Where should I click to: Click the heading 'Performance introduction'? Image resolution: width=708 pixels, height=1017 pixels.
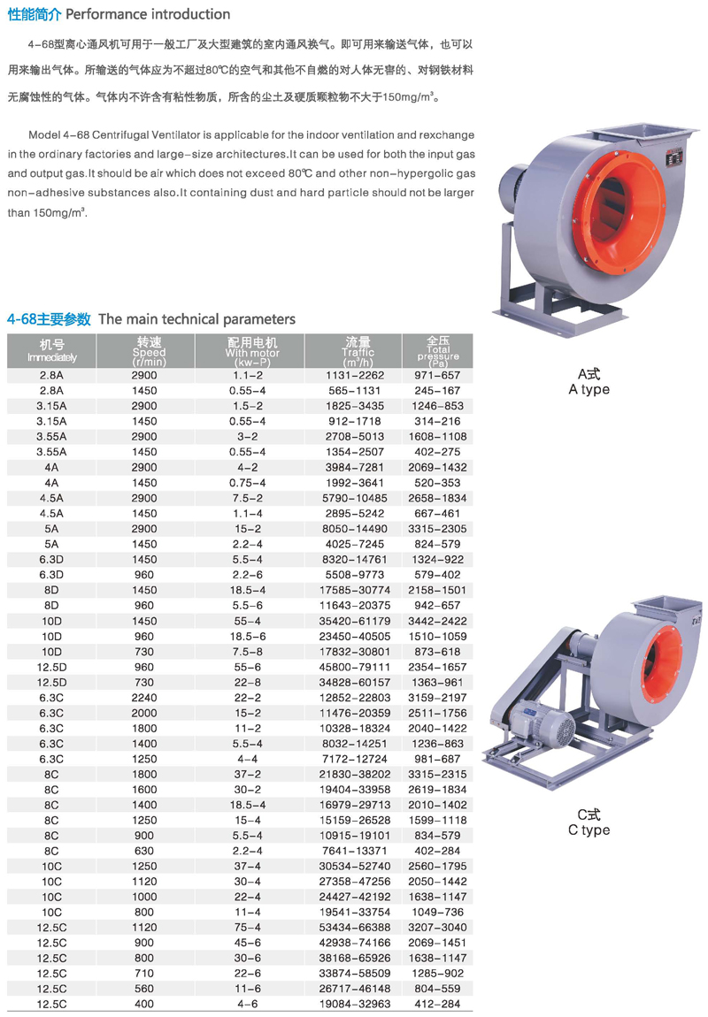tap(148, 14)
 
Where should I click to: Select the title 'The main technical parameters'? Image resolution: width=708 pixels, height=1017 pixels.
tap(196, 319)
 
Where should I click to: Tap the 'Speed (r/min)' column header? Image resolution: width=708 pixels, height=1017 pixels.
tap(149, 352)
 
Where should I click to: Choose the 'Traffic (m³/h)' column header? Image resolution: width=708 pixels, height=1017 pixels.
tap(358, 352)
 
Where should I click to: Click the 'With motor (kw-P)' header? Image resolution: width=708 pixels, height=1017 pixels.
tap(252, 352)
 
